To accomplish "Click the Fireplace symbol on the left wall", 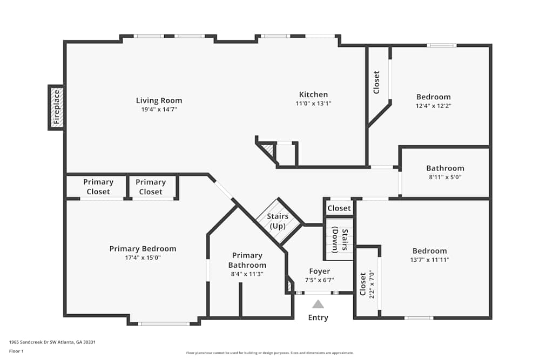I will [56, 107].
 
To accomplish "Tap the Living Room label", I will [159, 100].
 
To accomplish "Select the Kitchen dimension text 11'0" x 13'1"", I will [313, 103].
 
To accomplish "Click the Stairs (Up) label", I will [278, 221].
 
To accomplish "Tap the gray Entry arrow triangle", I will [318, 304].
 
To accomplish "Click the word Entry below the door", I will [318, 317].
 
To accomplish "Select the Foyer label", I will [320, 271].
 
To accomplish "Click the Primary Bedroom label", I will [143, 249].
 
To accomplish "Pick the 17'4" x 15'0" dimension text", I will [143, 257].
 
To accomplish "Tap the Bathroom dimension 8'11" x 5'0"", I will [445, 176].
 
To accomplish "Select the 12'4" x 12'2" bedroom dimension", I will [433, 106].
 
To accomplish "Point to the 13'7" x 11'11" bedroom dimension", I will [430, 260].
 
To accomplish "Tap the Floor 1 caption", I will [16, 351].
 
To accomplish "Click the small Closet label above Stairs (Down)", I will [339, 208].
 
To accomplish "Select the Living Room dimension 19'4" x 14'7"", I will [159, 109].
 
